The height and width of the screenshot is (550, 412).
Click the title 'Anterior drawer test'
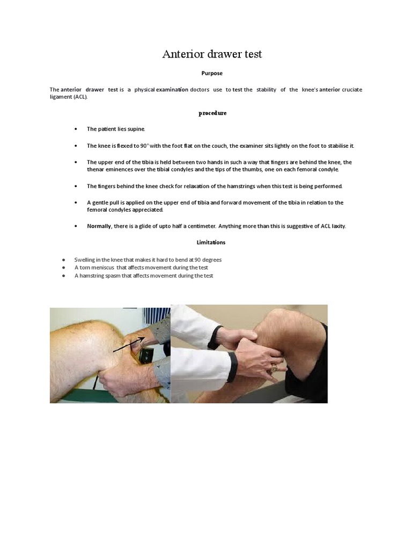pyautogui.click(x=212, y=54)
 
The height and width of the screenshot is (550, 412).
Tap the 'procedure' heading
pyautogui.click(x=212, y=113)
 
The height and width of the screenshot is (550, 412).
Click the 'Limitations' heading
pyautogui.click(x=211, y=242)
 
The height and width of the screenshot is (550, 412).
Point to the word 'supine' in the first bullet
pyautogui.click(x=136, y=129)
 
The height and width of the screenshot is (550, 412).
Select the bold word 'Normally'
pyautogui.click(x=99, y=226)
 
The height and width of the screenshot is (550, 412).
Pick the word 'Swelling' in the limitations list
pyautogui.click(x=86, y=259)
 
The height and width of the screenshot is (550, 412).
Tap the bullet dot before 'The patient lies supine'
pyautogui.click(x=76, y=129)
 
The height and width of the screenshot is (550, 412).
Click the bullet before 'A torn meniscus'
pyautogui.click(x=64, y=267)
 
